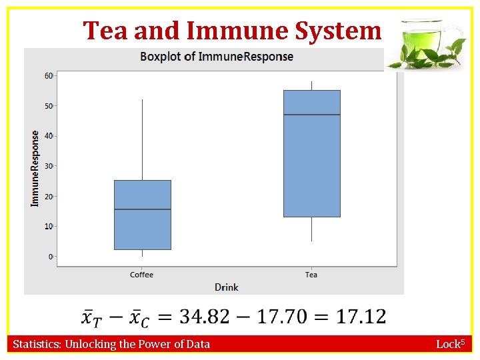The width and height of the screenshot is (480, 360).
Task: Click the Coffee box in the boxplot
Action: (142, 215)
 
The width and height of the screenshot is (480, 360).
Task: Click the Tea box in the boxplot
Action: (311, 153)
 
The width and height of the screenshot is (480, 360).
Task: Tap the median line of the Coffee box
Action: (142, 209)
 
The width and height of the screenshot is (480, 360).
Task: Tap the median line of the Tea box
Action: (311, 115)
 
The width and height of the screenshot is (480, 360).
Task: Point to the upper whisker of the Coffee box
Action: (142, 140)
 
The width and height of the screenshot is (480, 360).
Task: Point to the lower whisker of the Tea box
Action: (311, 229)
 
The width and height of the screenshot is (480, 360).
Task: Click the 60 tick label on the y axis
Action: (49, 75)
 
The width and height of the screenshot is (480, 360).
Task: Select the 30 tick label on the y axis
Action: (49, 166)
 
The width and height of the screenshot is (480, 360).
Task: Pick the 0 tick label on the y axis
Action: (51, 257)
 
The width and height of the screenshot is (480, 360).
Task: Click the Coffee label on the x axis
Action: (142, 275)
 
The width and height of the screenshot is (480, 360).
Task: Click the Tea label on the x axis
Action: (311, 275)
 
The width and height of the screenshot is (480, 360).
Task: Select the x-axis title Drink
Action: (227, 287)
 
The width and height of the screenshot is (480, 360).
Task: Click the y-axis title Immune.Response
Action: (35, 167)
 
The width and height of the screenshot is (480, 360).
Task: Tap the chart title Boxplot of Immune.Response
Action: (217, 56)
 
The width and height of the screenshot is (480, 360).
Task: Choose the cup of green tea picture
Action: (425, 44)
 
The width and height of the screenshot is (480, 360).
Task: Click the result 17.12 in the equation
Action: (361, 316)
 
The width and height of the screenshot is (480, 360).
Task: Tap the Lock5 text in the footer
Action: (450, 344)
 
